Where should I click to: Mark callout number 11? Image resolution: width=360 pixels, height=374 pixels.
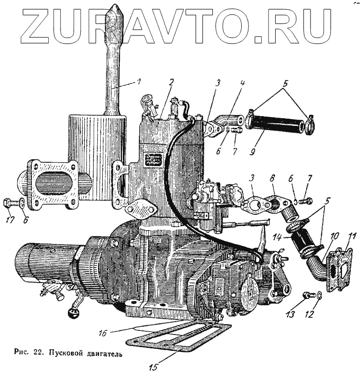pos(351,237)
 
